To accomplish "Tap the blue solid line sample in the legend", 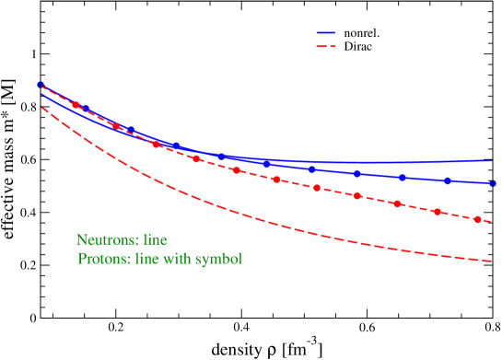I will [326, 33].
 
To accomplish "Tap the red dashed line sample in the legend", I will [326, 46].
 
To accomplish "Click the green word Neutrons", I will [104, 240].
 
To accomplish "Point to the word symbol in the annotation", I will [219, 259].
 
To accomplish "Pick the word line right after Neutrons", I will [153, 240].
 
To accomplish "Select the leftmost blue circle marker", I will [40, 85].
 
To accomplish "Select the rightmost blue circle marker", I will [493, 183].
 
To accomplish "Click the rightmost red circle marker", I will [477, 219].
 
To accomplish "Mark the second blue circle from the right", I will [448, 181].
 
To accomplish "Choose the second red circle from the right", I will [438, 212].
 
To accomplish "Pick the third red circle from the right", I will [397, 203].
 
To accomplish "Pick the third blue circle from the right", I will [403, 178].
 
